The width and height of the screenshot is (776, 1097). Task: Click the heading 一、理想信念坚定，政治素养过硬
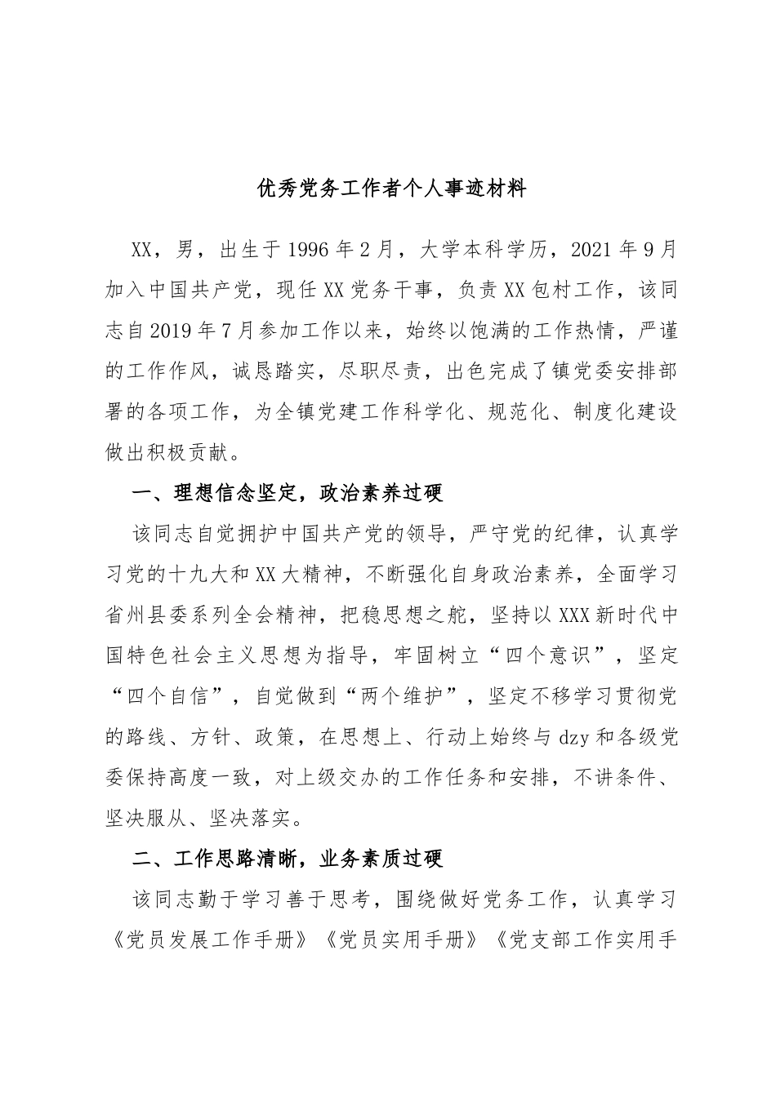[287, 494]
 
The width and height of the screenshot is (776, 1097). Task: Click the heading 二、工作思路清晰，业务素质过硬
[287, 859]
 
